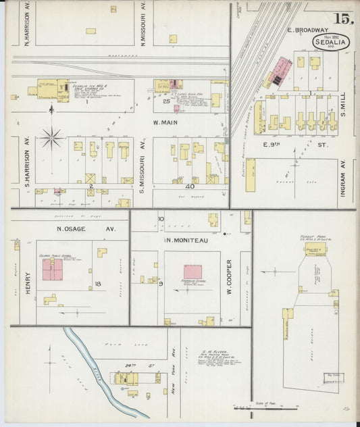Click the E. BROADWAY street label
coord(307,30)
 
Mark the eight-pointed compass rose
coord(51,138)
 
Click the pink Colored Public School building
coord(53,270)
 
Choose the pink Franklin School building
coord(192,273)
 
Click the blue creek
coord(101,370)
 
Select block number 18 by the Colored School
coord(98,284)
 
